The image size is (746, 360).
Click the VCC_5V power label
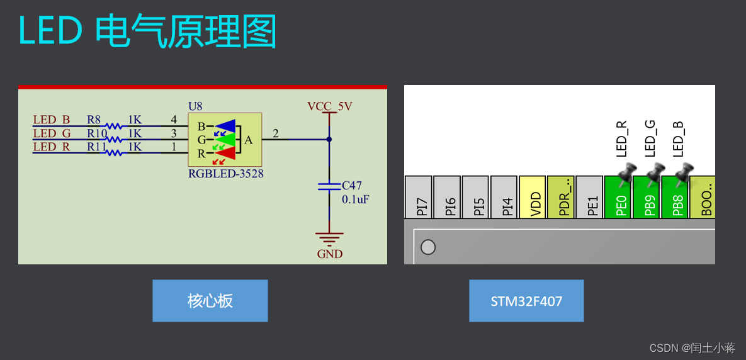[x=329, y=106]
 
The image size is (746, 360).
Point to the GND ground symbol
[x=329, y=240]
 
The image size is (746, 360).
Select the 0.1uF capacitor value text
[x=355, y=200]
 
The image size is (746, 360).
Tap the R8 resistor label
[x=94, y=120]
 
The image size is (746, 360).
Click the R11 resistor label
[x=96, y=147]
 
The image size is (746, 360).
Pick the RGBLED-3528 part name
[x=225, y=174]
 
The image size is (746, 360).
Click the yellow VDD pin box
[x=533, y=198]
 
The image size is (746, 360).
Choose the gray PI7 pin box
[x=419, y=198]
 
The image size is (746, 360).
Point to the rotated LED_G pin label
[x=650, y=138]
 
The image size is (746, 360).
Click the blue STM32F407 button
[x=526, y=301]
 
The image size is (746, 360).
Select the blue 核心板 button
[x=210, y=301]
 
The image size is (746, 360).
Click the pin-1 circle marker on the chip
[x=428, y=247]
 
